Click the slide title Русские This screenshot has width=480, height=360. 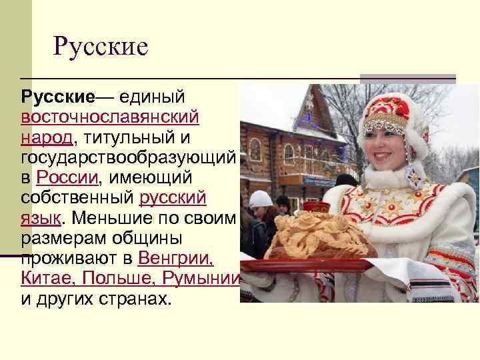pos(100,47)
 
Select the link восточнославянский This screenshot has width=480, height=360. pos(109,118)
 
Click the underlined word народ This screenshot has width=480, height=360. pos(47,138)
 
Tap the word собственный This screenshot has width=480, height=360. pos(77,199)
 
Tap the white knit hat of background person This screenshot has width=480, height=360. pos(260,198)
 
